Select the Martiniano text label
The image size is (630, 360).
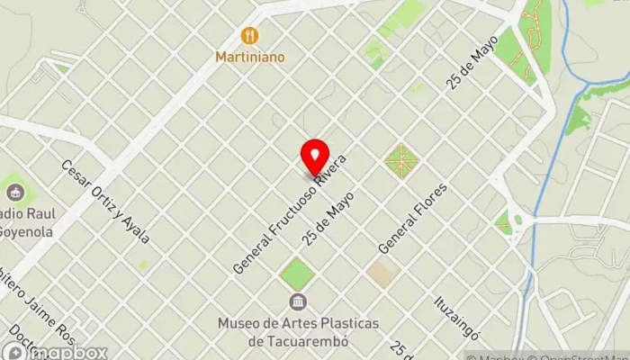[250, 57]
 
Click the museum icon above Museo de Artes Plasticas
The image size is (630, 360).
[296, 301]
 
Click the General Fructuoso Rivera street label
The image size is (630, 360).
[290, 214]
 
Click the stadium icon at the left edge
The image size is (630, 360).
[15, 190]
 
